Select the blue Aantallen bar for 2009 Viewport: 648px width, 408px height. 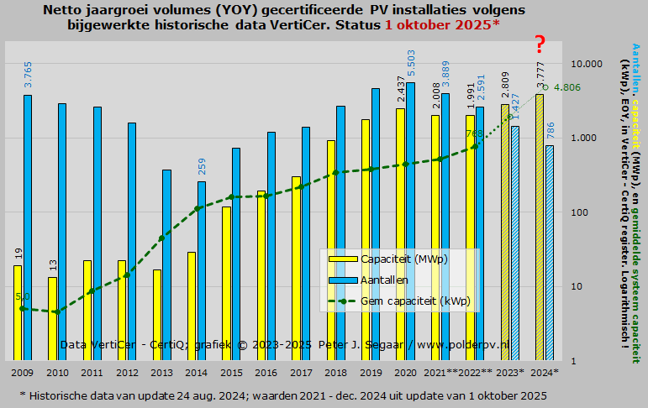(x=28, y=228)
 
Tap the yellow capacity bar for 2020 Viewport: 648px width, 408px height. (x=400, y=234)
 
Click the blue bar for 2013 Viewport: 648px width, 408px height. (x=167, y=265)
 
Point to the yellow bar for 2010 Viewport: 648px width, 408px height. (x=52, y=319)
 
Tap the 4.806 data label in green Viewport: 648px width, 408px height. (x=568, y=87)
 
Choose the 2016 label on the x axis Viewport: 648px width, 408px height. (x=265, y=372)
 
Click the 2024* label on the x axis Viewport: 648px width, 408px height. (x=545, y=372)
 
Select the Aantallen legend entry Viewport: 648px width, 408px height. (x=384, y=280)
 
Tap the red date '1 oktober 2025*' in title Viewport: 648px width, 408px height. (x=442, y=24)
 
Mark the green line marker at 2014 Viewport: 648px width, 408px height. (x=198, y=208)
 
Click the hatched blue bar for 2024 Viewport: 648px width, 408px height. (x=550, y=253)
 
